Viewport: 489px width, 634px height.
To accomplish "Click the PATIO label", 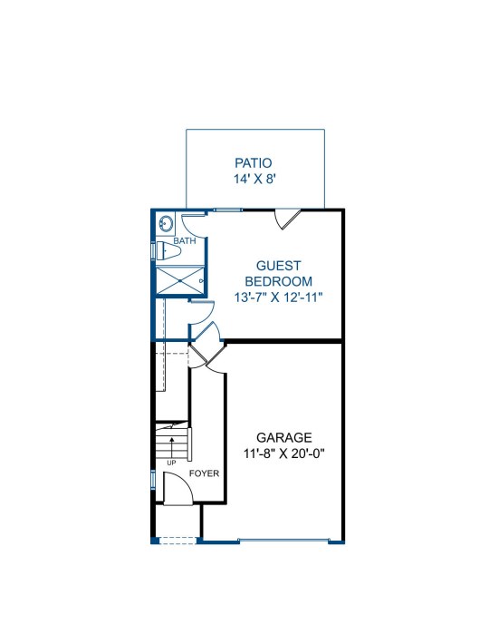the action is pyautogui.click(x=254, y=163).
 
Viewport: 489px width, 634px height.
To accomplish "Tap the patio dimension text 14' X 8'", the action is pyautogui.click(x=254, y=179).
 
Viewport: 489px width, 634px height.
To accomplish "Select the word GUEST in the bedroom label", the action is pyautogui.click(x=279, y=266).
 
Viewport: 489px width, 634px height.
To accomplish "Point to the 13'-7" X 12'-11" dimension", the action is pyautogui.click(x=279, y=297).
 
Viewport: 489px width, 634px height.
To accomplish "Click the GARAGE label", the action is pyautogui.click(x=284, y=437).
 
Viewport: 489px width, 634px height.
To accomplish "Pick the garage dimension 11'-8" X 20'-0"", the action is pyautogui.click(x=284, y=454).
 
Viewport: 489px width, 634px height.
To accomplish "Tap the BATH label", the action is pyautogui.click(x=185, y=241).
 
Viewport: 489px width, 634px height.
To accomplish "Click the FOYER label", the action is pyautogui.click(x=205, y=473).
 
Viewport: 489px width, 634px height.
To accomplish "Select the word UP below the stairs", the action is pyautogui.click(x=172, y=463).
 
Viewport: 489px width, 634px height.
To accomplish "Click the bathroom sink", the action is pyautogui.click(x=166, y=223).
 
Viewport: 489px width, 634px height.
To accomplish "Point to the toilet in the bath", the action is pyautogui.click(x=168, y=251).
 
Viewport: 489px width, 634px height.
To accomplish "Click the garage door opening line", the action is pyautogui.click(x=284, y=540).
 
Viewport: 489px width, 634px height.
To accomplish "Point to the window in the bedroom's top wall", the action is pyautogui.click(x=227, y=210).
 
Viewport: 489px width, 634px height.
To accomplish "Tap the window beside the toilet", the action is pyautogui.click(x=153, y=250).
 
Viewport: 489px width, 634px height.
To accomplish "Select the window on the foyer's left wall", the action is pyautogui.click(x=153, y=480).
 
